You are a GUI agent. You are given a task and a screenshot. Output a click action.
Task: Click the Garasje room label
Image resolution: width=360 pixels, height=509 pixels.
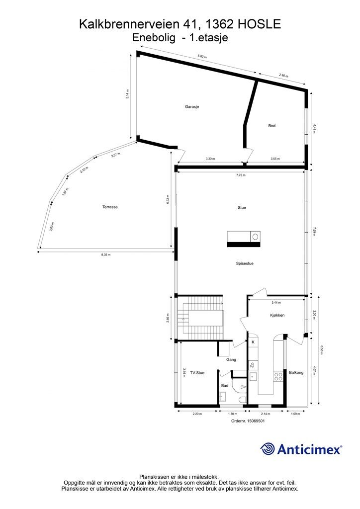coord(192,107)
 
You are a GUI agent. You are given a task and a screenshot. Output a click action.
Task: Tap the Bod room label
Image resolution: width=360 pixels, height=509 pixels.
coord(271,126)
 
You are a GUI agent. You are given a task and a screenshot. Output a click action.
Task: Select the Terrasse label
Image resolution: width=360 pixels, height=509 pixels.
coord(110,207)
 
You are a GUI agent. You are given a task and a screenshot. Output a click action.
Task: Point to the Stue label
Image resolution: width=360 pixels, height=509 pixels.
coord(242,208)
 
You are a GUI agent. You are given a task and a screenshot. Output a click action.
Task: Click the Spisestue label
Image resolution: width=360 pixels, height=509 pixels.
coord(245,263)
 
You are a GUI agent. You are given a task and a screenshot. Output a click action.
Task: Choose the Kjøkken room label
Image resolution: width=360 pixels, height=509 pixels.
coord(277,315)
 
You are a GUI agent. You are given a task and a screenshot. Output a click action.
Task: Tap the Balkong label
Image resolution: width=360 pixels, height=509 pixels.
coord(296,372)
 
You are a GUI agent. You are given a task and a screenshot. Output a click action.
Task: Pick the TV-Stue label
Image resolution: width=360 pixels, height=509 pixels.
coord(197,372)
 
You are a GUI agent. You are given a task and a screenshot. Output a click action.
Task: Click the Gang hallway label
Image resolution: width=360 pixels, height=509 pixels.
coord(231,359)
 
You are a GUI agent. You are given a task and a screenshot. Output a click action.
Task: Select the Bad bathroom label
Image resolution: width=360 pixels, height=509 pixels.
coord(225,385)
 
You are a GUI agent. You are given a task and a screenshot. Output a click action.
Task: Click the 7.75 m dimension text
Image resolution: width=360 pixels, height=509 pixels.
coord(241,175)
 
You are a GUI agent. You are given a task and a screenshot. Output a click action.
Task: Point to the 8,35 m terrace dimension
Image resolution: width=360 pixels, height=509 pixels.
coord(106,254)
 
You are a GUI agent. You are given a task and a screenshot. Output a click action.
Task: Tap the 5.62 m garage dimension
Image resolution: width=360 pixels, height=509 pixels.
coord(202,57)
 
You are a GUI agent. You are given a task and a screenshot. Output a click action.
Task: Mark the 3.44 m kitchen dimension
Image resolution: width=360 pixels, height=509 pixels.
coord(276,302)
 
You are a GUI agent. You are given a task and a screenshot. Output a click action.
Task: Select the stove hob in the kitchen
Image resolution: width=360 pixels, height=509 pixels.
coord(278,376)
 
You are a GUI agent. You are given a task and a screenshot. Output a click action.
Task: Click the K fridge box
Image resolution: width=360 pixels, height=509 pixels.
coord(253,342)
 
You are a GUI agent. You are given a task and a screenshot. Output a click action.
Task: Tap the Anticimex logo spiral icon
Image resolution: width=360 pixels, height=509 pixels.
coord(268,449)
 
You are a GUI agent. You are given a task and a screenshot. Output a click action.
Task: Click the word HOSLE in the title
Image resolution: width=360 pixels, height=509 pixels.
coord(255,24)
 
